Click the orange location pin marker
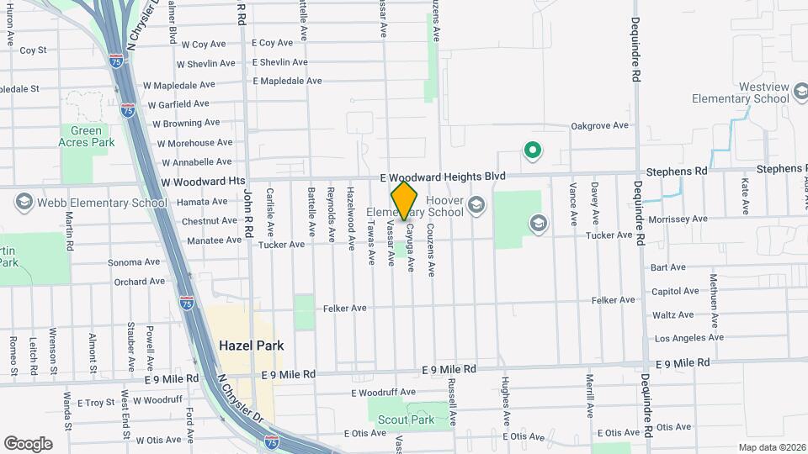coord(405,200)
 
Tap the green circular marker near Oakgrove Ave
coord(532,151)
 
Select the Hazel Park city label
coord(252,346)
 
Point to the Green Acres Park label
coord(86,136)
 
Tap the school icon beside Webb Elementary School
coord(23,203)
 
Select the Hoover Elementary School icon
coord(476,204)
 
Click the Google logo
coord(28,443)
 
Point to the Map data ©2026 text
coord(771,447)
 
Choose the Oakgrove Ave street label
coord(599,126)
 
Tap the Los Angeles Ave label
coord(688,338)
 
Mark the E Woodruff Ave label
coord(384,393)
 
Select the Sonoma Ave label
coord(133,263)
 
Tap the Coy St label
coord(33,50)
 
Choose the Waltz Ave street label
coord(673,315)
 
